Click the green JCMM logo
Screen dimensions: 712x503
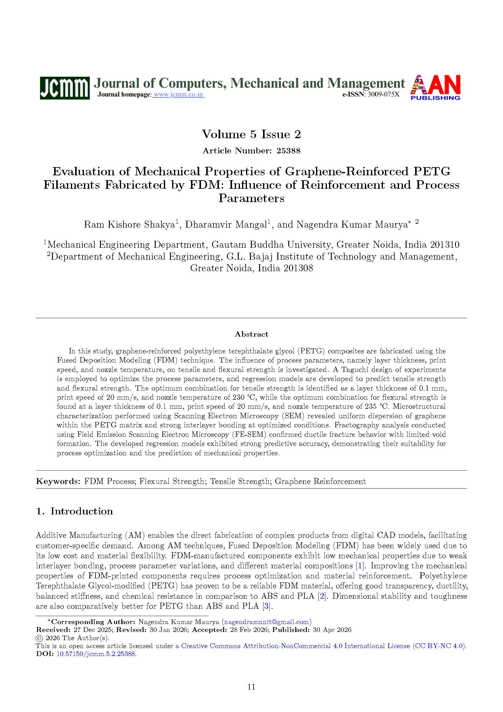[65, 88]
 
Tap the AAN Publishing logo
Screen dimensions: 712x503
[435, 87]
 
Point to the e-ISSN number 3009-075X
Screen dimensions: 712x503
[383, 95]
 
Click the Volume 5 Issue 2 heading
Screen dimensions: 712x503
[251, 134]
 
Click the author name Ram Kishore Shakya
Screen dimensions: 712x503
[129, 225]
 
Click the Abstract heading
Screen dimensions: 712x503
[251, 334]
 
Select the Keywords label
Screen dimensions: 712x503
[58, 481]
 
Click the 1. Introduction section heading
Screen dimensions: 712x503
[74, 511]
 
